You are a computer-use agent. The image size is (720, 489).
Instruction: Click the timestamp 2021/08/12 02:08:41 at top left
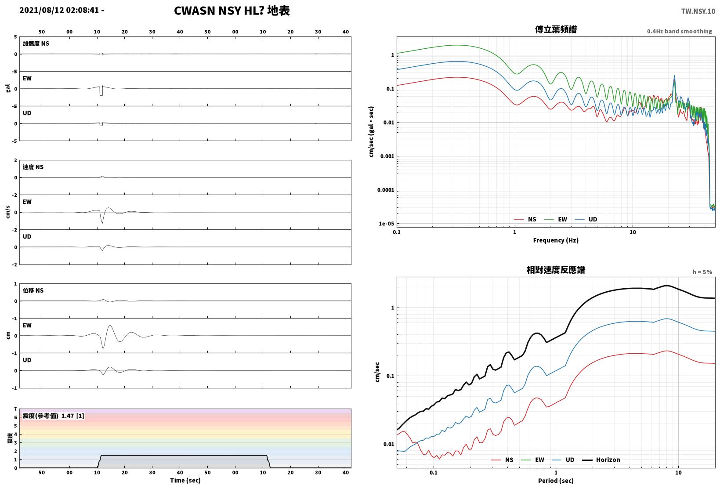pos(59,10)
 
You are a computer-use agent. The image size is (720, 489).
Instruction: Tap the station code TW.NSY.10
pos(698,11)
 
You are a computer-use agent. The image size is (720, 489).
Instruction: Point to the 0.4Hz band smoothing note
pos(680,31)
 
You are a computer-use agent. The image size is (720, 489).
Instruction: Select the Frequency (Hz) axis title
pos(556,240)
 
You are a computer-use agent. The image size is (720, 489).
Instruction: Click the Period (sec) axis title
pos(556,481)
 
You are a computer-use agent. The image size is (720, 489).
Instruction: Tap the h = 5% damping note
pos(702,272)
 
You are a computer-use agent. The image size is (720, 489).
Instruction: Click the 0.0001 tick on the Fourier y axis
pos(385,190)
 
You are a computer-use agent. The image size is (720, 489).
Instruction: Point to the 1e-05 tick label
pos(386,224)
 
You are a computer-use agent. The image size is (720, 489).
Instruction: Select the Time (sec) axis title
pos(185,480)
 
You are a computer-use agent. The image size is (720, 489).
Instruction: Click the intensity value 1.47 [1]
pos(72,416)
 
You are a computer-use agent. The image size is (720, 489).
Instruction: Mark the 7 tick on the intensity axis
pos(15,409)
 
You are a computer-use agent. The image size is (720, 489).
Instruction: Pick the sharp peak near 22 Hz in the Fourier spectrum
pos(674,76)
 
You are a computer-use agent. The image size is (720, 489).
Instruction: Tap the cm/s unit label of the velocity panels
pos(8,212)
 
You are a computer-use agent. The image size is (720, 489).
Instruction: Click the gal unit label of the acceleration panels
pos(8,88)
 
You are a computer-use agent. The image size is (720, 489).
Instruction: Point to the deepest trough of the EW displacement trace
pos(103,348)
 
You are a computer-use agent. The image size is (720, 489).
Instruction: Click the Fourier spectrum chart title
pos(556,29)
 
